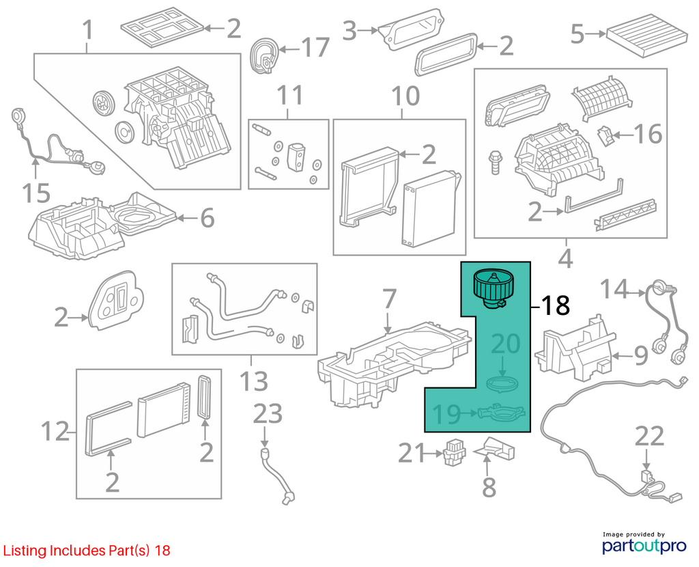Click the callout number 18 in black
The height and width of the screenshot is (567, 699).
click(x=556, y=305)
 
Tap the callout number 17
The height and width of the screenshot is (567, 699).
click(x=315, y=47)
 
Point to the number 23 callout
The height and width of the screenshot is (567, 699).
click(x=268, y=413)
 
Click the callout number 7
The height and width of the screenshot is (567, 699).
click(x=389, y=299)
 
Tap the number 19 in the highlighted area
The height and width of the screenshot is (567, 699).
click(x=446, y=414)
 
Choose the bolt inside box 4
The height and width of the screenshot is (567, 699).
click(x=494, y=162)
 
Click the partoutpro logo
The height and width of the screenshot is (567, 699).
click(x=644, y=545)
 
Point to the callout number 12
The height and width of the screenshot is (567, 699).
click(x=55, y=431)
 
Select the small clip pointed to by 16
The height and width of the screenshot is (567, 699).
click(x=604, y=135)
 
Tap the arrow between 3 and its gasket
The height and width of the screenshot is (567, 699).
click(x=367, y=31)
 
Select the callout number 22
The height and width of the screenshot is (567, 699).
click(x=649, y=437)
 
